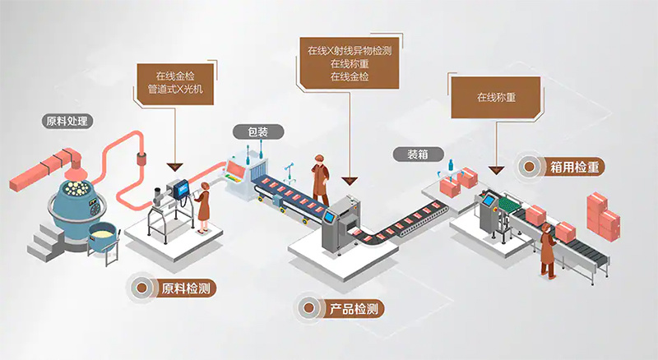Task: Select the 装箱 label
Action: pyautogui.click(x=408, y=154)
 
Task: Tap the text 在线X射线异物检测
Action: pyautogui.click(x=349, y=50)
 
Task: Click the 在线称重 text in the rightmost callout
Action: pyautogui.click(x=495, y=96)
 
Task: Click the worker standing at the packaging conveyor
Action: pyautogui.click(x=320, y=179)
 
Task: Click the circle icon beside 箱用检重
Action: pyautogui.click(x=526, y=168)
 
